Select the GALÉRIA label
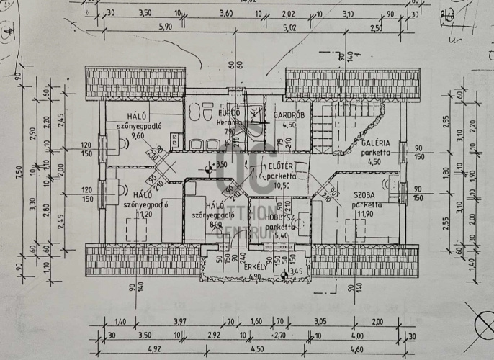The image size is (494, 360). (372, 143)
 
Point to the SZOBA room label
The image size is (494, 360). (367, 195)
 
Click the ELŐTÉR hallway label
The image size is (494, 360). (282, 166)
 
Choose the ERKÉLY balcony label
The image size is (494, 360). (256, 269)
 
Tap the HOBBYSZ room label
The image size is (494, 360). (279, 216)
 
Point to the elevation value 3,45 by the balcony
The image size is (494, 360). (296, 273)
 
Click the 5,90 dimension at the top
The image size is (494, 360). (165, 27)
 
